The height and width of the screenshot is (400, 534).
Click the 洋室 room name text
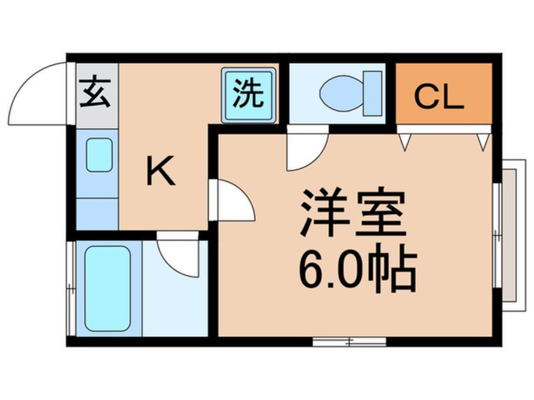352,213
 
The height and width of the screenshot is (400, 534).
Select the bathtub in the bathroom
107,288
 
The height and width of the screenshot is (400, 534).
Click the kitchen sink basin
99,155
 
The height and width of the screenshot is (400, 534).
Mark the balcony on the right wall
513,235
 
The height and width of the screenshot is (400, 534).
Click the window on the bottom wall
349,341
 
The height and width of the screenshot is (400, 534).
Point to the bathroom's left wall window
71,288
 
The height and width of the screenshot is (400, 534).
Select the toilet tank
373,93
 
